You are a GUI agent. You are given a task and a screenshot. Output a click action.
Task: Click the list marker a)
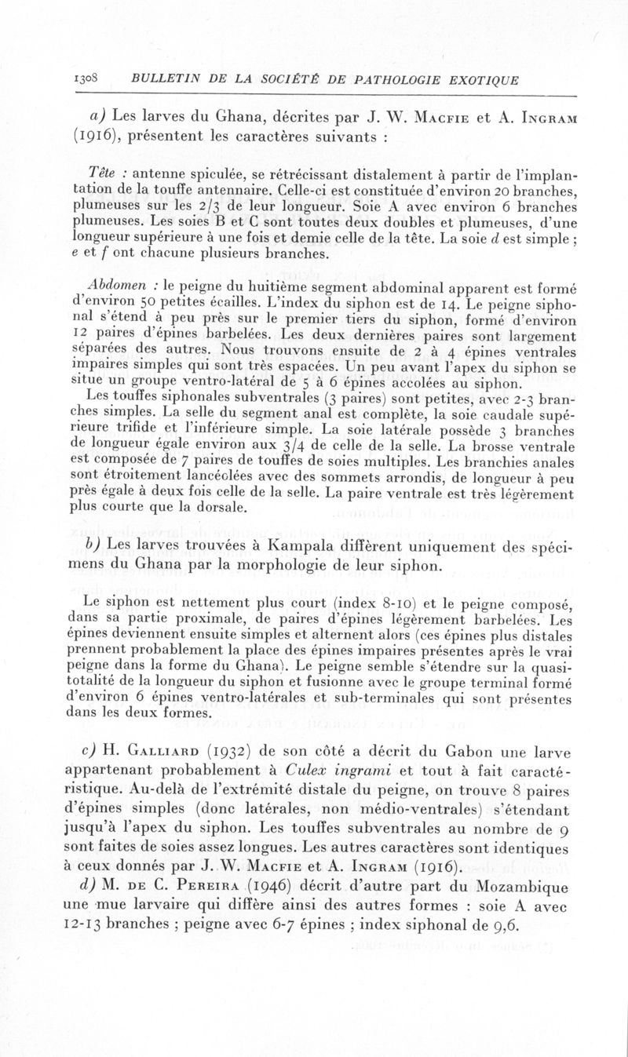(x=98, y=120)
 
